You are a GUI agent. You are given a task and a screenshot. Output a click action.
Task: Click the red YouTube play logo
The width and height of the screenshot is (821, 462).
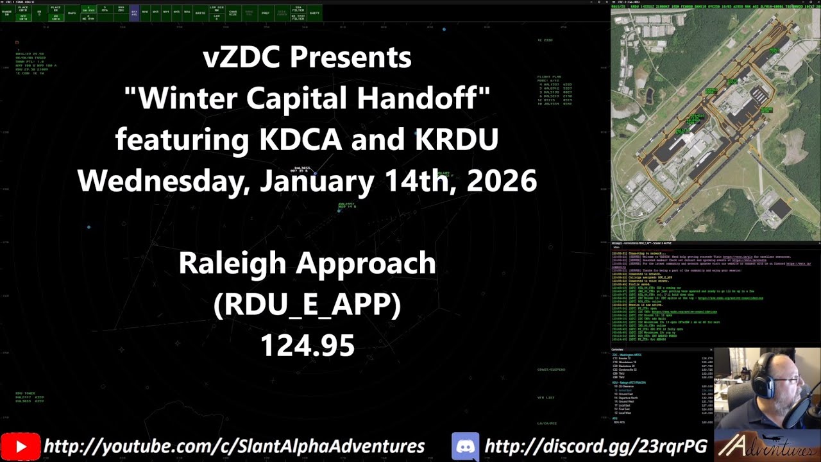tap(21, 447)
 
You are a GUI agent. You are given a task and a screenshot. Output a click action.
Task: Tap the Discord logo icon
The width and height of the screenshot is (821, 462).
tap(465, 447)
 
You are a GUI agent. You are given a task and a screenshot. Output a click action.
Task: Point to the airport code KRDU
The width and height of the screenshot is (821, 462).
tap(457, 139)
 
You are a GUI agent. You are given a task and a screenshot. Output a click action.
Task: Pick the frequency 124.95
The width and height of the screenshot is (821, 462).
tap(307, 346)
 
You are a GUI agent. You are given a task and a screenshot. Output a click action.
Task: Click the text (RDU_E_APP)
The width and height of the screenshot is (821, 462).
tap(307, 305)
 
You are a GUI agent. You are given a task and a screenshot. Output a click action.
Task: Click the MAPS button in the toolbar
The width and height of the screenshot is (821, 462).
tap(72, 13)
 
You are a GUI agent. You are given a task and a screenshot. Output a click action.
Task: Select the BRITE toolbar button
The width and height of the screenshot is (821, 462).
tap(200, 13)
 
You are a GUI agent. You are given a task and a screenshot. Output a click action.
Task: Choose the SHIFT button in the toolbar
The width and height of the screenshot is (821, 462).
tap(314, 13)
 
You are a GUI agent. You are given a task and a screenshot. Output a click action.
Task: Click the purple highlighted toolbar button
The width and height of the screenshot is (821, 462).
tap(135, 13)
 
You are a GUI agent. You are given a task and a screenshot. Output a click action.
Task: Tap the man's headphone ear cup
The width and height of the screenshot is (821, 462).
tap(761, 386)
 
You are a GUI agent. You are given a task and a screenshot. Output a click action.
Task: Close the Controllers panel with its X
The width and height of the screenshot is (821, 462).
tap(817, 350)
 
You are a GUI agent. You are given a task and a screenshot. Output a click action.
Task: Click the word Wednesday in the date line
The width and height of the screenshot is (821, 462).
tap(164, 181)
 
